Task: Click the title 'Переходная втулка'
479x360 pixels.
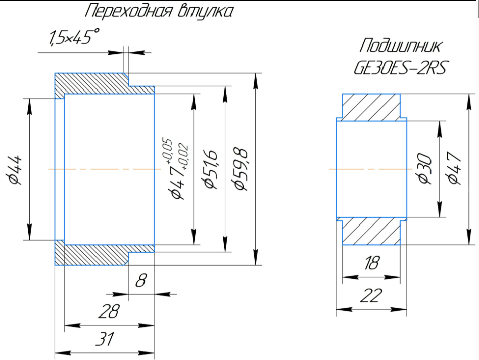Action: point(159,12)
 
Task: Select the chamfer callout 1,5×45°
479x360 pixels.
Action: point(74,37)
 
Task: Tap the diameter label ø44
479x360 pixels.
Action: point(14,170)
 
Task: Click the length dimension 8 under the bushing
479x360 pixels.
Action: point(141,280)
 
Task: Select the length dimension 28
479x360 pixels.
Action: point(109,311)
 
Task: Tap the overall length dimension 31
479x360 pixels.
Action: point(105,339)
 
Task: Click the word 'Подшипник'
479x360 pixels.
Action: point(400,46)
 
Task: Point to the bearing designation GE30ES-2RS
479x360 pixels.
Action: point(400,67)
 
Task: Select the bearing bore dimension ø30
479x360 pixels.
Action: point(424,169)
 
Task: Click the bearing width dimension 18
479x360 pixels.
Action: point(372,263)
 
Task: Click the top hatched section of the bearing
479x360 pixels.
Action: point(371,107)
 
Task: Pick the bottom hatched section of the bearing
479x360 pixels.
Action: point(371,231)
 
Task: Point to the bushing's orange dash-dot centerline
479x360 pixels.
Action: point(105,169)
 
